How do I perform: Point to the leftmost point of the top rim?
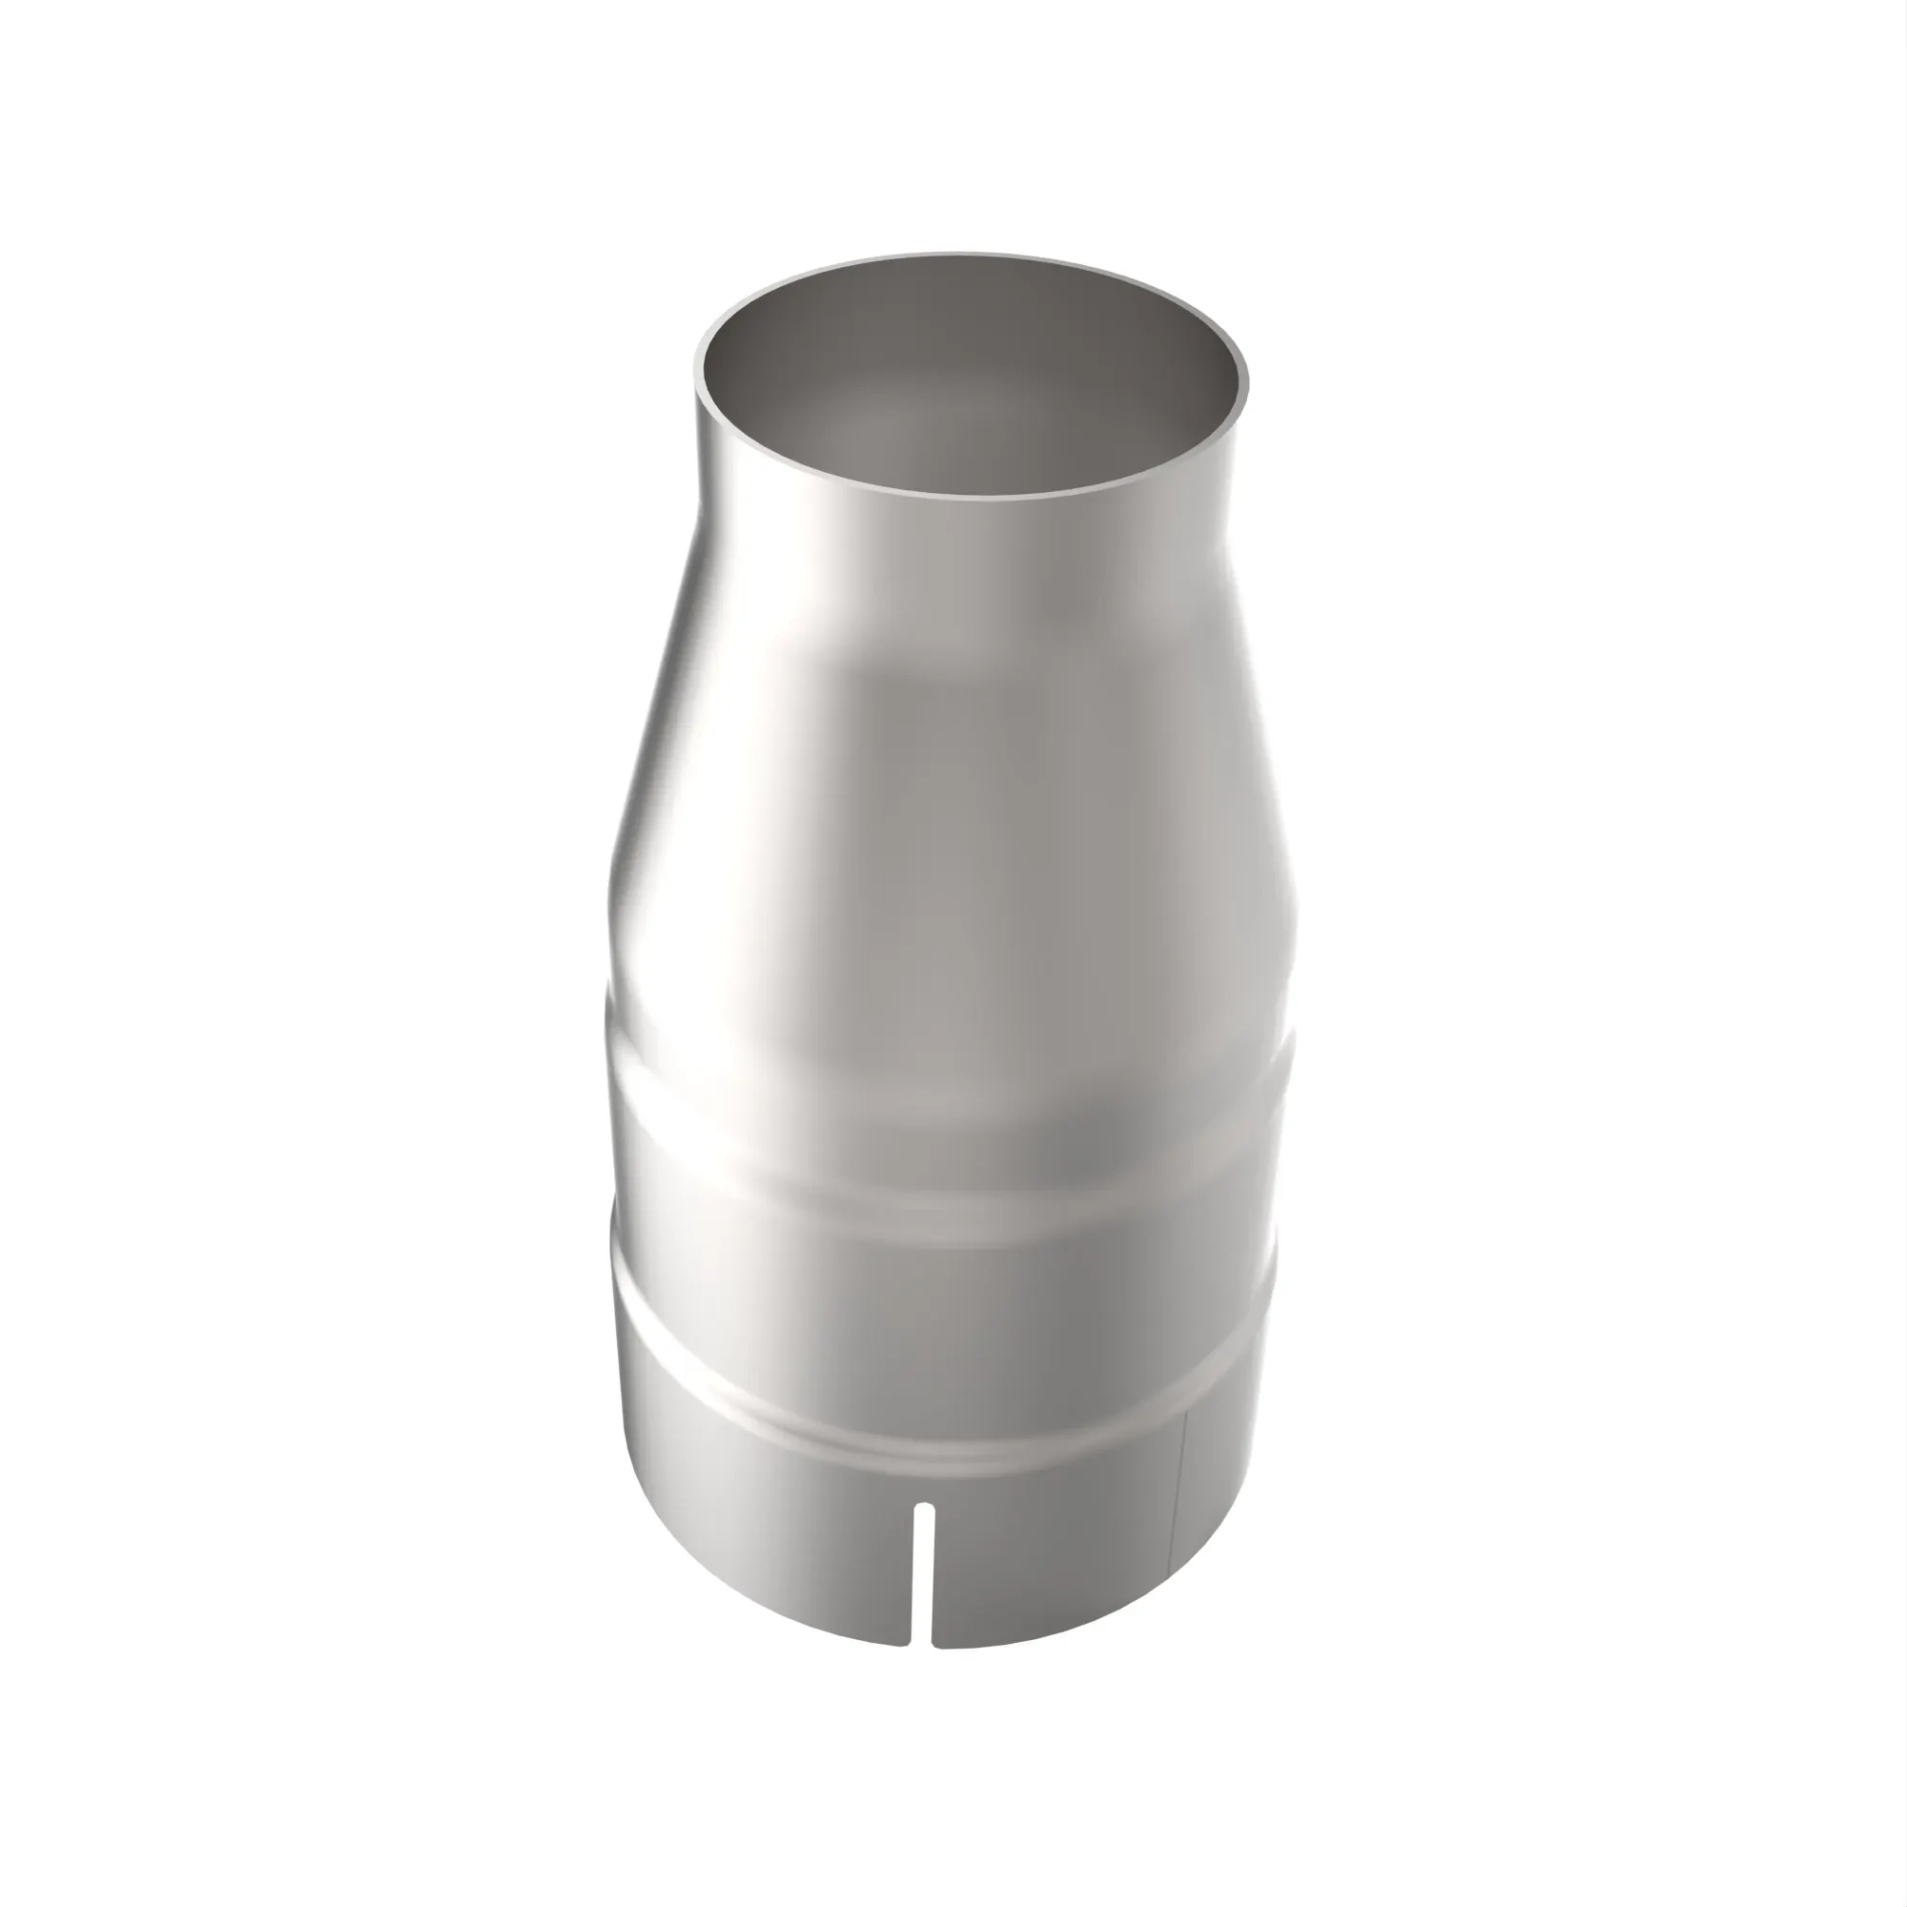point(695,390)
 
